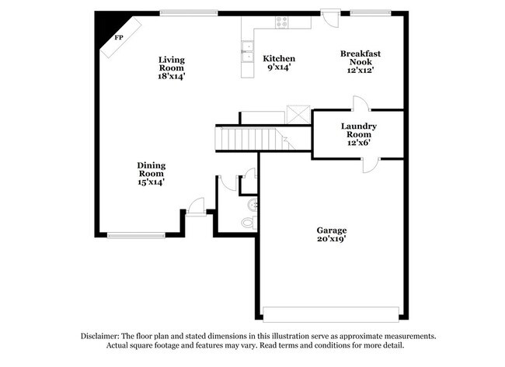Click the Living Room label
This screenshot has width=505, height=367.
pos(172,68)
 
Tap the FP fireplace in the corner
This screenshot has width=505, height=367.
pos(120,37)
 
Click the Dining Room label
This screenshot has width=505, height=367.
pos(151,173)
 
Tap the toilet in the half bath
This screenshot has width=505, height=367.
pos(249,221)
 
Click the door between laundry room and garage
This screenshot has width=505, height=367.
pos(371,163)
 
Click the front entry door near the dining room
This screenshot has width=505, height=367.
pos(196,206)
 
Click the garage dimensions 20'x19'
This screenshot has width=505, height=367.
pos(331,240)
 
